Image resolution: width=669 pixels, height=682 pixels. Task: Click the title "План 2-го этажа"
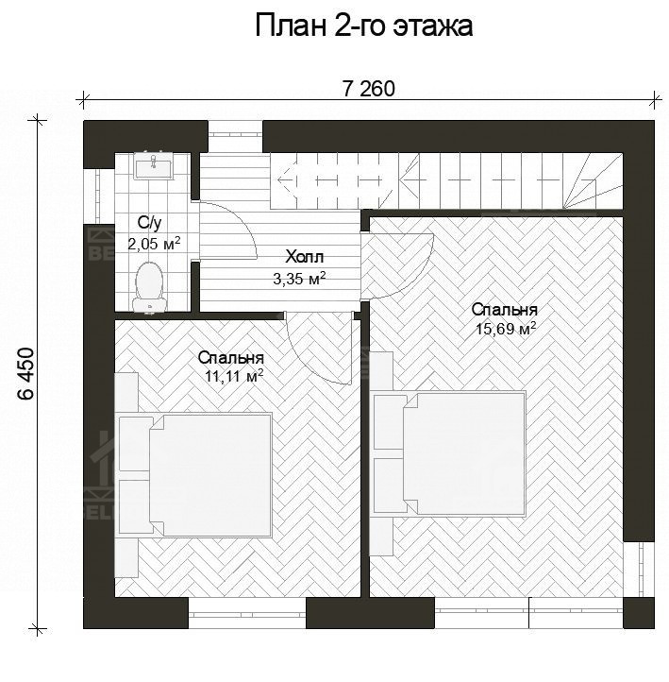pos(363,26)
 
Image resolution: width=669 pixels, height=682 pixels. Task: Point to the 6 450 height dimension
pos(25,376)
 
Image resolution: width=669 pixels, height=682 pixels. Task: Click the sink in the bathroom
pos(153,167)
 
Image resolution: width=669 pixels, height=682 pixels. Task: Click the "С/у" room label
pos(150,224)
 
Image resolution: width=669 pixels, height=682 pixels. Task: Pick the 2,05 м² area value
pos(154,244)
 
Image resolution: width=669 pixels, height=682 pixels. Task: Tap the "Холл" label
pos(304,257)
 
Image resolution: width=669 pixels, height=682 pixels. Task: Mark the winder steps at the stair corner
pos(594,179)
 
